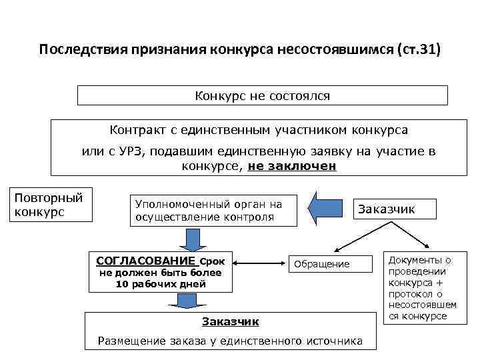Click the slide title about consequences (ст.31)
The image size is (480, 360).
[x=239, y=51]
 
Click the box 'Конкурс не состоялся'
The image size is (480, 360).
[x=263, y=96]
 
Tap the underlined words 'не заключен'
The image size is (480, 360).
[x=292, y=166]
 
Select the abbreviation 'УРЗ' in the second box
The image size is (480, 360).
[x=132, y=151]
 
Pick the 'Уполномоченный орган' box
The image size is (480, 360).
[x=209, y=211]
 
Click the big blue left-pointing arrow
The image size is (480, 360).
[x=329, y=209]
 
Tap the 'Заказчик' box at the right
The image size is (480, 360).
[x=387, y=209]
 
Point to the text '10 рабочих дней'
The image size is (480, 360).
[x=161, y=284]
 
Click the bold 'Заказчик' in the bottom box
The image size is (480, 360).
[x=230, y=322]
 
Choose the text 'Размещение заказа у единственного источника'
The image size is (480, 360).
[x=230, y=341]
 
